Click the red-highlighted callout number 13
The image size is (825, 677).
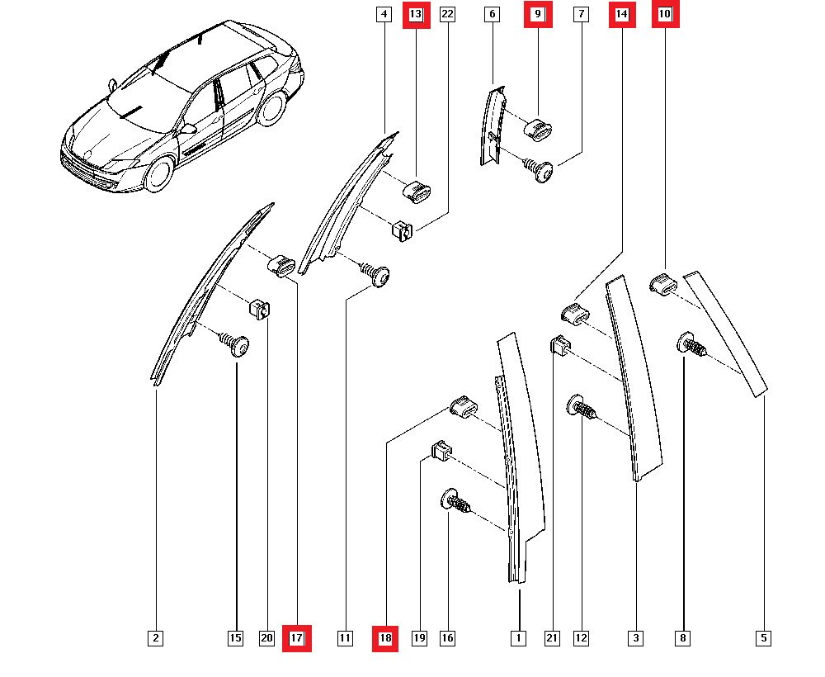(416, 14)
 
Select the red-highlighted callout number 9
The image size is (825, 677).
(538, 14)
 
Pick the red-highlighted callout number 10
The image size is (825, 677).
(665, 14)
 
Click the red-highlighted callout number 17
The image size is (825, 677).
(297, 638)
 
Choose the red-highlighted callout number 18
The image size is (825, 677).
(385, 638)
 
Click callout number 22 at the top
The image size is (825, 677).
(447, 14)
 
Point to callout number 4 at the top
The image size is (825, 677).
(383, 14)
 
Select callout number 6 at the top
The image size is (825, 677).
(493, 14)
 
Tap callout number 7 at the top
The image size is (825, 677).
(582, 14)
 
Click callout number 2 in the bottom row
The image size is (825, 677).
(156, 638)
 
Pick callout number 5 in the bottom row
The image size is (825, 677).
(764, 638)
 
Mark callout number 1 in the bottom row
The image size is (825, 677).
(518, 638)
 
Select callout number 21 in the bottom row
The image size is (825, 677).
(552, 638)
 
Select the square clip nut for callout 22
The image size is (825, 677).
(402, 231)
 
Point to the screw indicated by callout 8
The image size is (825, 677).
(691, 344)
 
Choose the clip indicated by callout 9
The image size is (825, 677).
(539, 128)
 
